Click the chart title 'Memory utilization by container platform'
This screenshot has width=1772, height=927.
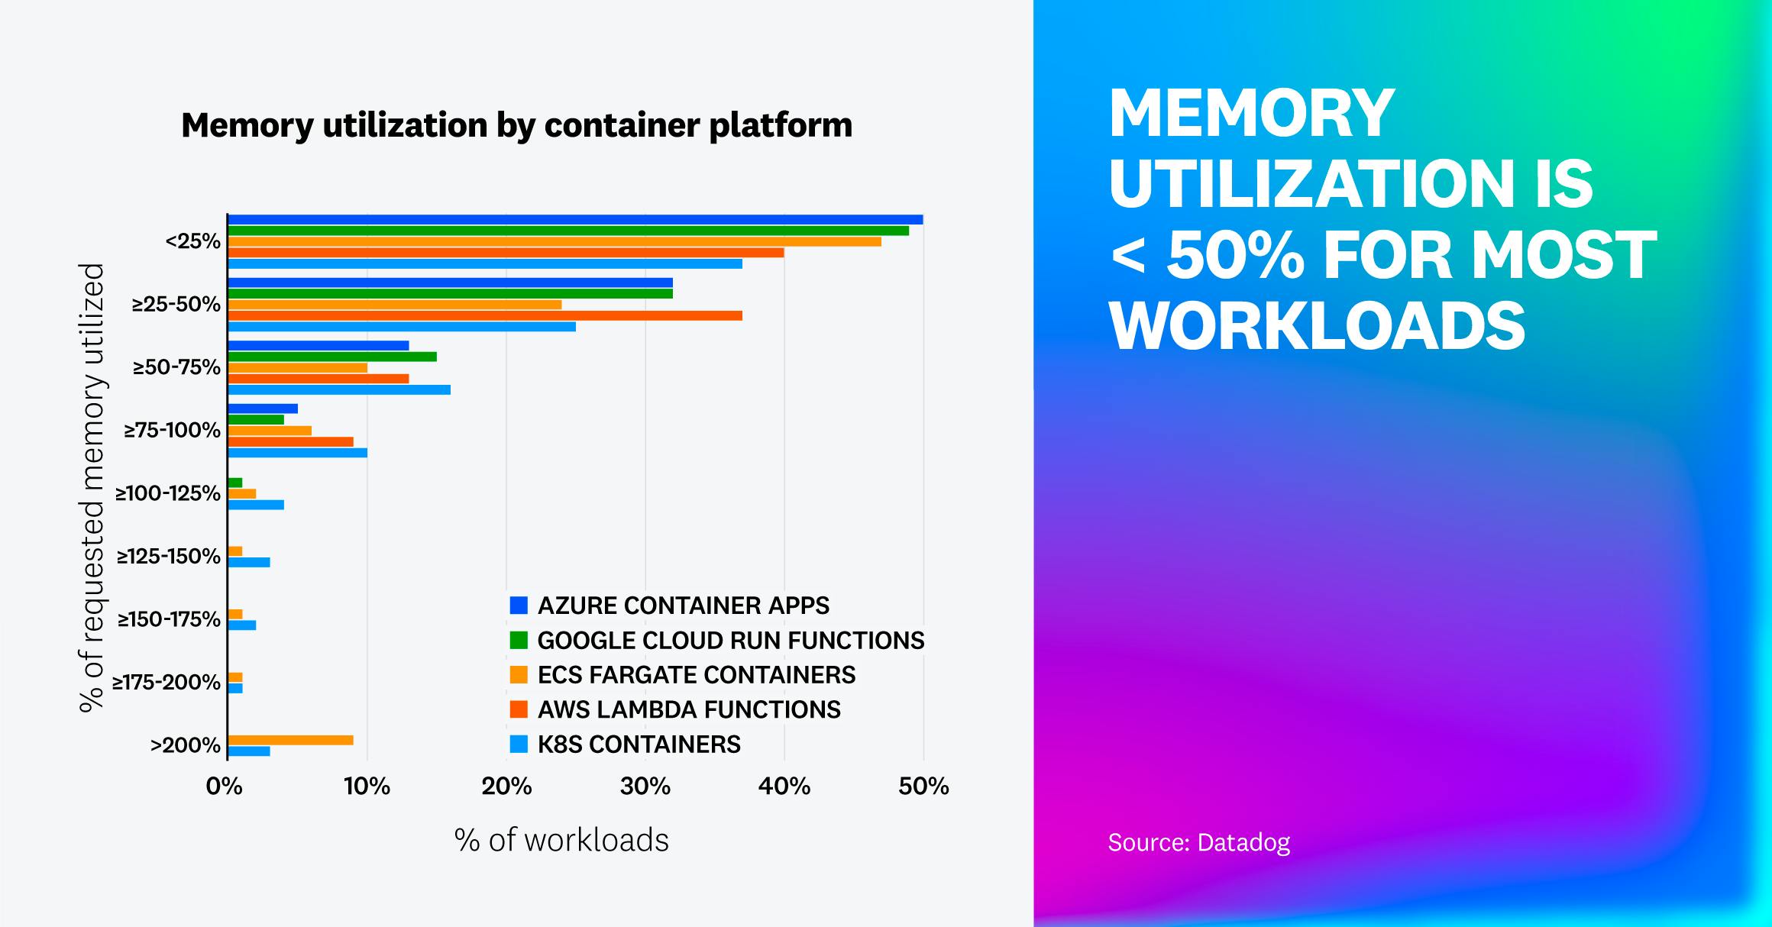click(516, 125)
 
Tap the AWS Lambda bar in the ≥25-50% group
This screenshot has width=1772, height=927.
click(485, 315)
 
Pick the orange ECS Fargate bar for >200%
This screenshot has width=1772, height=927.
click(290, 740)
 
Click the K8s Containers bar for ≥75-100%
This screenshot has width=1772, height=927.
click(298, 453)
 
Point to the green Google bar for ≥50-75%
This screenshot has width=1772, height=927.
click(332, 357)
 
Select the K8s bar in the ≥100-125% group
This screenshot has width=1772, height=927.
click(256, 505)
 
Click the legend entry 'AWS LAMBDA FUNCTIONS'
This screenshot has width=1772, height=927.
click(688, 709)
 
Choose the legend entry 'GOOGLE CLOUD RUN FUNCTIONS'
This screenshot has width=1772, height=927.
click(730, 640)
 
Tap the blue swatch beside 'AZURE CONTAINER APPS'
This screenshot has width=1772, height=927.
click(519, 606)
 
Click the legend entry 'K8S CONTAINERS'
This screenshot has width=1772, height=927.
click(639, 745)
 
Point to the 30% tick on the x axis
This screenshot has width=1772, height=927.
click(645, 786)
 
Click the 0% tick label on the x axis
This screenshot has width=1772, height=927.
click(224, 786)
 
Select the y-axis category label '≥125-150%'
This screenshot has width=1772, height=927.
click(168, 556)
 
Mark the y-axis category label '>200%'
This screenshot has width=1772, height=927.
click(185, 745)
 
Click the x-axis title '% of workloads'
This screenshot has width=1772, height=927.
click(561, 840)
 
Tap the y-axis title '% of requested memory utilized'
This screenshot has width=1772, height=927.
click(92, 489)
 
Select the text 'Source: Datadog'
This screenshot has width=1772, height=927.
click(1198, 842)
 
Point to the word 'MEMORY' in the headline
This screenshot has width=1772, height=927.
click(1251, 113)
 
